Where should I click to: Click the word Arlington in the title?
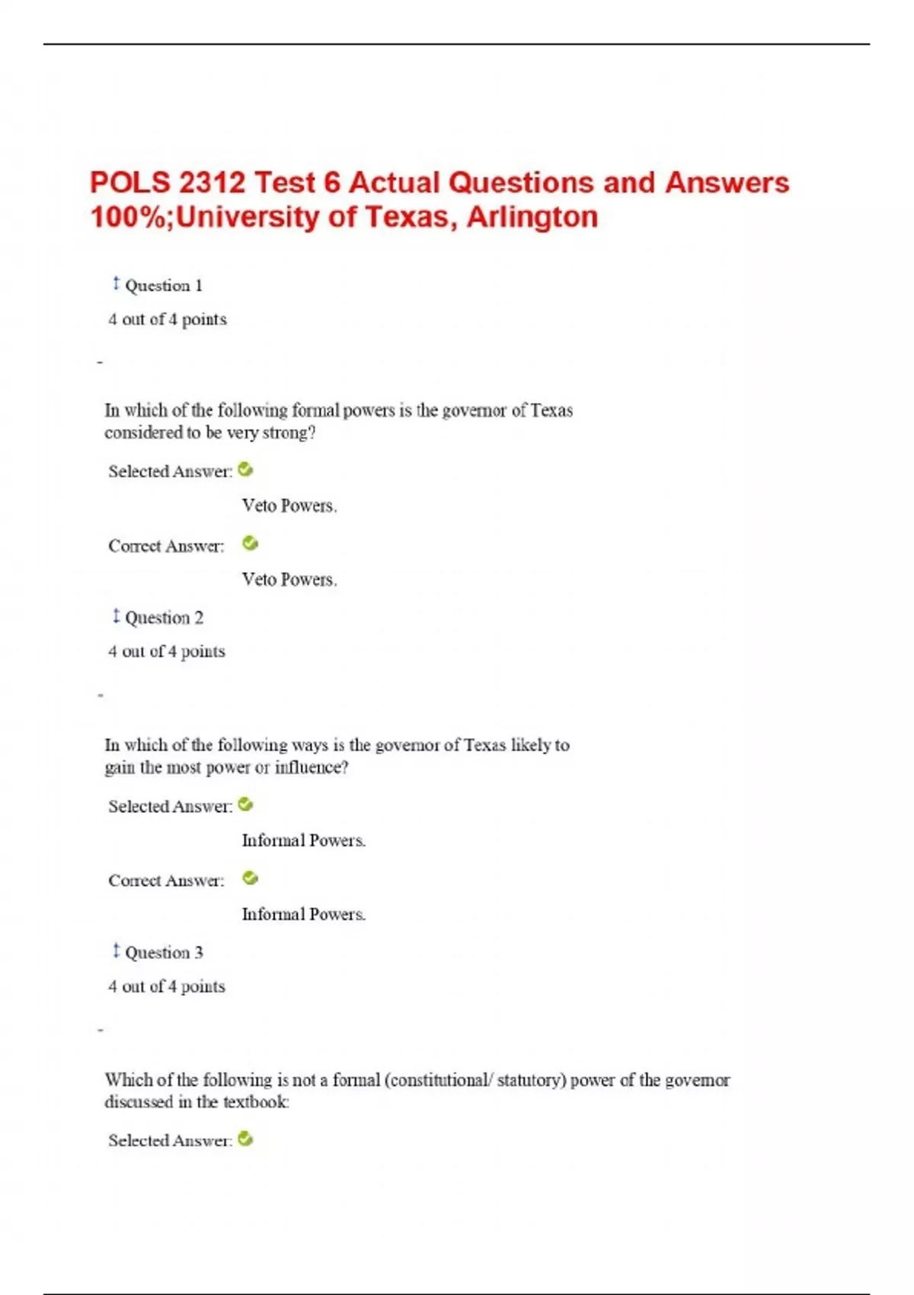coord(532,217)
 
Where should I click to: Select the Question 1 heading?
coord(163,286)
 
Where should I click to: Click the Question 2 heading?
coord(164,618)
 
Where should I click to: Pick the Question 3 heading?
coord(164,952)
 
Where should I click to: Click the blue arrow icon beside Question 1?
coord(116,283)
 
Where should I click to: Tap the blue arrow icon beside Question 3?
coord(116,951)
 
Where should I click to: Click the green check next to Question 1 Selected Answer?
coord(245,470)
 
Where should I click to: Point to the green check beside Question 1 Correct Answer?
coord(250,543)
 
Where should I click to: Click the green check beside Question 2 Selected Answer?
coord(245,804)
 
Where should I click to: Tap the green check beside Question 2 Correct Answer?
coord(250,878)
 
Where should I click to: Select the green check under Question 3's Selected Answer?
coord(245,1139)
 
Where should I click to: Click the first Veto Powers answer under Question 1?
coord(289,506)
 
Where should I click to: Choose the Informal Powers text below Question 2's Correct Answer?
coord(303,914)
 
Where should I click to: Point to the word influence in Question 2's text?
coord(308,767)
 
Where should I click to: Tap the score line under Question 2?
coord(167,651)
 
